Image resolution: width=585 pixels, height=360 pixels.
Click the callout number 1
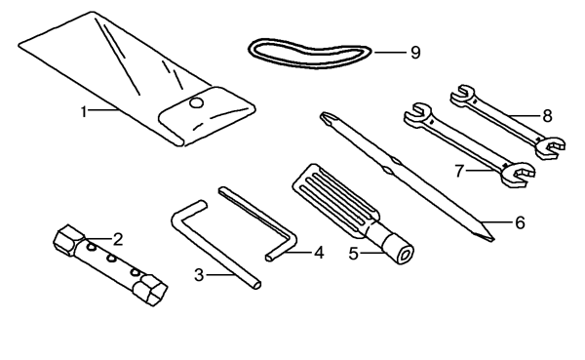84,111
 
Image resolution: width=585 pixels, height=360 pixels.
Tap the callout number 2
118,239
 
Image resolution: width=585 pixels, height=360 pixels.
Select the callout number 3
199,275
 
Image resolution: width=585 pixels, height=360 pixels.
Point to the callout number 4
319,253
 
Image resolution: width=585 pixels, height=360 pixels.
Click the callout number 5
353,254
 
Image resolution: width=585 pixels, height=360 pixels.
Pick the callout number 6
520,222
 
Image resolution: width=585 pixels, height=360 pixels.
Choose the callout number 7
459,171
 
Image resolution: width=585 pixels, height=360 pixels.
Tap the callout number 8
547,116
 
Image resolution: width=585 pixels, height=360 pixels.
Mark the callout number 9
415,53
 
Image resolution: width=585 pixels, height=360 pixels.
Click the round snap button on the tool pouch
196,102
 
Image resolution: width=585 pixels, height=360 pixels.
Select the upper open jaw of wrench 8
461,94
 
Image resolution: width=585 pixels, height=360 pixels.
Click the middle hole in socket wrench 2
111,258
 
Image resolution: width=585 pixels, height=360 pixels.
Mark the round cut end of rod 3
257,285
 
